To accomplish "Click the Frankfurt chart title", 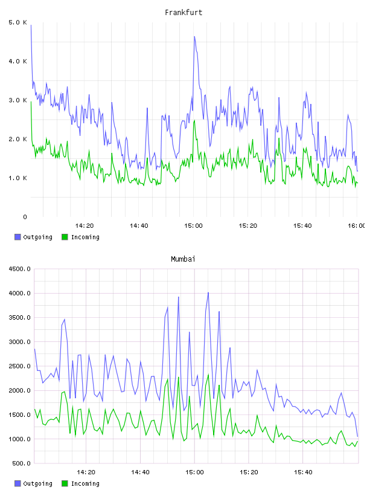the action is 183,13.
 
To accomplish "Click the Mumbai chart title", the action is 183,259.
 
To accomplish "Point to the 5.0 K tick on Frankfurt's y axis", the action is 18,22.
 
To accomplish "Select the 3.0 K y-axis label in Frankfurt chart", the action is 18,100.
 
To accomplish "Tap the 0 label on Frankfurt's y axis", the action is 25,217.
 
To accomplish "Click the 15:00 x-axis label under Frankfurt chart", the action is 193,226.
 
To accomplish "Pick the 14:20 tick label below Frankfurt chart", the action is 85,226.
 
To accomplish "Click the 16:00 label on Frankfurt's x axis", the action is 357,226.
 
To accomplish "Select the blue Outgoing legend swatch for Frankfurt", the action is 18,237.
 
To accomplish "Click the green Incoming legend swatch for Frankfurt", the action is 65,237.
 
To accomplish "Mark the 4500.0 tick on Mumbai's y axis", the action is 20,269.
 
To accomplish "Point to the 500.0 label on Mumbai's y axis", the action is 21,463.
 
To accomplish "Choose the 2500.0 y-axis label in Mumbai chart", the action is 20,366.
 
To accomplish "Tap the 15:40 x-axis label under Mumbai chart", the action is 303,472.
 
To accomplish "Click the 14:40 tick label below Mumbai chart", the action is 140,472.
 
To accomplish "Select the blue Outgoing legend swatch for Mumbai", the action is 18,483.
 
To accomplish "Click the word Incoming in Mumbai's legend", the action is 85,484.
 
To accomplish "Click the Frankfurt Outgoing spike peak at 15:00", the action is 194,36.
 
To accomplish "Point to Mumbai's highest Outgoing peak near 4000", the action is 208,292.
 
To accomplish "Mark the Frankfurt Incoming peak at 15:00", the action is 194,120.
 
